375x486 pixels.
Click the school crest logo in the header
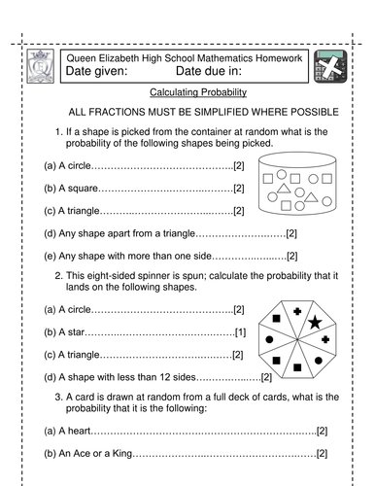[42, 68]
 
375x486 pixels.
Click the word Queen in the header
[81, 59]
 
